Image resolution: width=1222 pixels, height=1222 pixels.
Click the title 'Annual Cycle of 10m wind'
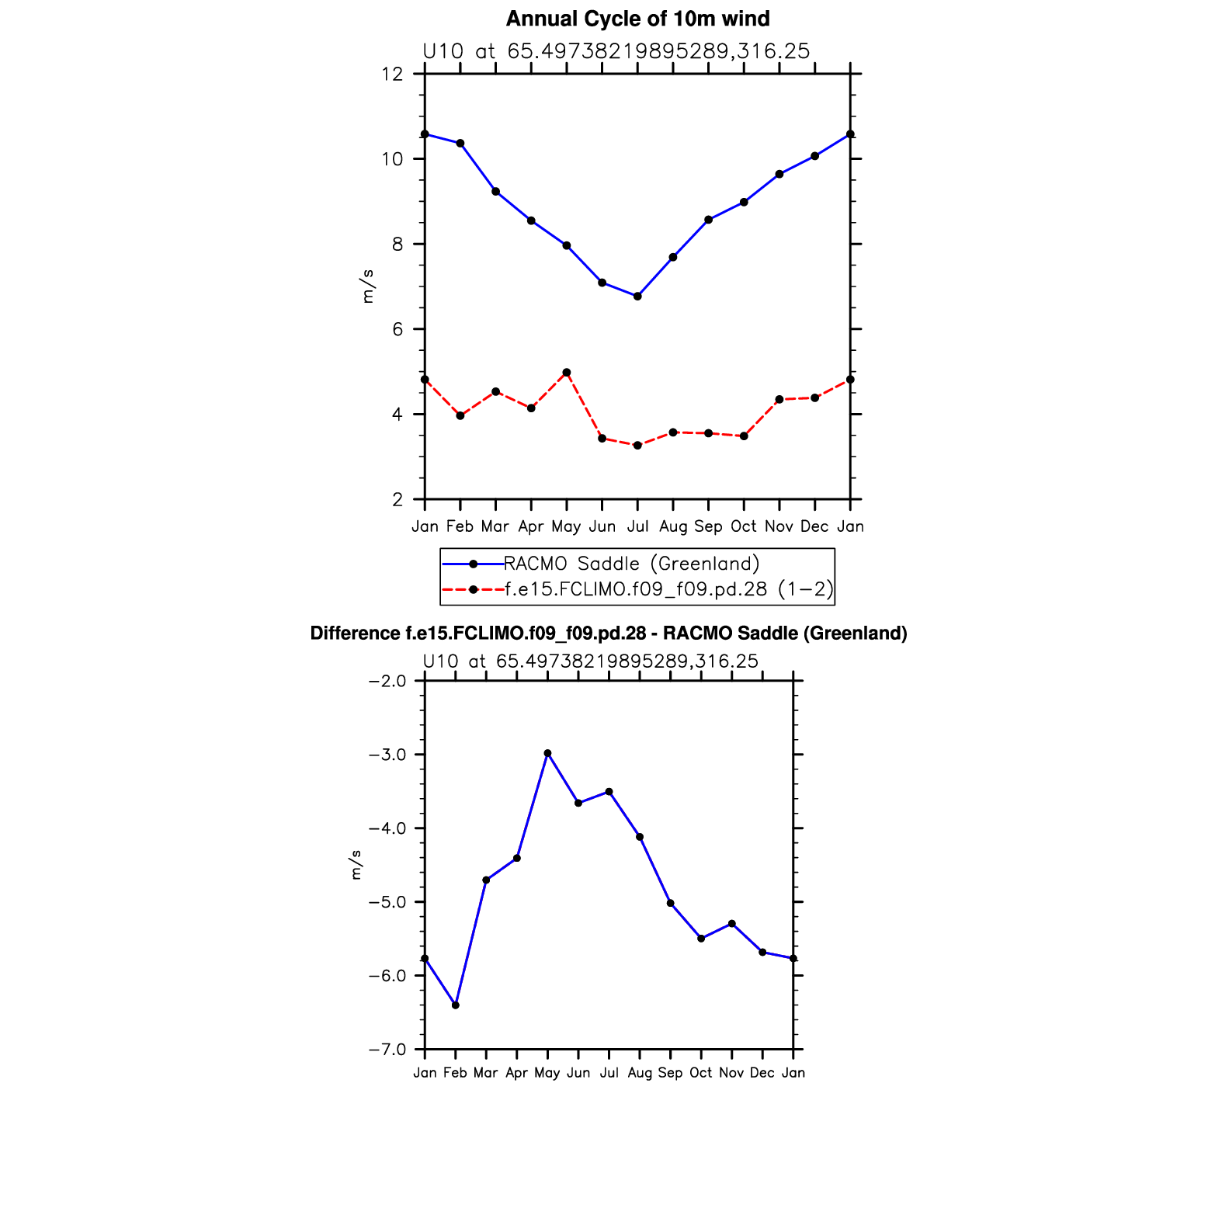[637, 19]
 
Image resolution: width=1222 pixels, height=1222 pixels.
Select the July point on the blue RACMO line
[637, 296]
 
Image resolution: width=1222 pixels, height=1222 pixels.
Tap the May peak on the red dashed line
[567, 373]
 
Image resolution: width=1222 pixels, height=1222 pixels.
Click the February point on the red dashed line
[460, 415]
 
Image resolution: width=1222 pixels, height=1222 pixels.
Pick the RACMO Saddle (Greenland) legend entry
[631, 564]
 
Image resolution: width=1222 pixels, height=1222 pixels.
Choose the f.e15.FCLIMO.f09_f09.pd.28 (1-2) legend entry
[668, 589]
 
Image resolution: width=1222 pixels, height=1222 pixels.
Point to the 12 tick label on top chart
[393, 74]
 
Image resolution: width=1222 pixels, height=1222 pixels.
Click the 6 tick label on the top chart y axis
[397, 329]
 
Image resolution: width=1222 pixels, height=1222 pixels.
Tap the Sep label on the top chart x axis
[708, 526]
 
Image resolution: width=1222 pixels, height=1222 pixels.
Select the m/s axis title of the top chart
[367, 286]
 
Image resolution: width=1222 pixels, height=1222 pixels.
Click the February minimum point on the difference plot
[456, 1005]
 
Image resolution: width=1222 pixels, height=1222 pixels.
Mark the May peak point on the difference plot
[547, 753]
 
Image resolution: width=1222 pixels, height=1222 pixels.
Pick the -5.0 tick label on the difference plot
[387, 902]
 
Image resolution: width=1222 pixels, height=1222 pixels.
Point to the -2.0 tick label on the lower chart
[387, 681]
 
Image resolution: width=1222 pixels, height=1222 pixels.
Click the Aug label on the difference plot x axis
[640, 1073]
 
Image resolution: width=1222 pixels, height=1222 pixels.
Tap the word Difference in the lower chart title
[355, 634]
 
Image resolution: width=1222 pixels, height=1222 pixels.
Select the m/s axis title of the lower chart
[356, 865]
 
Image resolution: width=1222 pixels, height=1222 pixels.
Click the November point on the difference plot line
[731, 923]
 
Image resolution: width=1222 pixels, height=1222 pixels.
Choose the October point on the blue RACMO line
[744, 202]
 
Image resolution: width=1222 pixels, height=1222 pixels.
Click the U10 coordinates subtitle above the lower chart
[590, 661]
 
